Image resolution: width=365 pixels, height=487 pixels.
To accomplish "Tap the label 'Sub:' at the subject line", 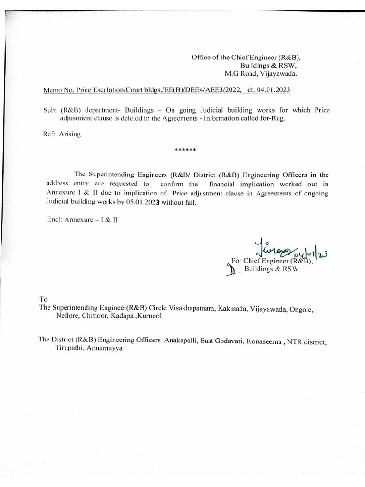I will pos(50,110).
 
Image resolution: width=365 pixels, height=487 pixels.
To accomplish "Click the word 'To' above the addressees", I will pos(43,299).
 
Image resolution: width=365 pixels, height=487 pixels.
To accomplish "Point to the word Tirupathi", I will pos(68,349).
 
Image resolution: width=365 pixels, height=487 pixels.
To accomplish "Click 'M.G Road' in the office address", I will pos(239,74).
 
